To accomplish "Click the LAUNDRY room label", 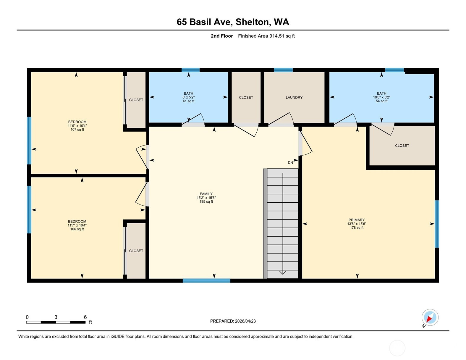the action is pyautogui.click(x=294, y=97).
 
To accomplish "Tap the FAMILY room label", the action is pyautogui.click(x=206, y=194).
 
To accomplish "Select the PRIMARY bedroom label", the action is pyautogui.click(x=357, y=220).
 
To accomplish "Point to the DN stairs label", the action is pyautogui.click(x=290, y=163).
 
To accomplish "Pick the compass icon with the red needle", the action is pyautogui.click(x=430, y=317).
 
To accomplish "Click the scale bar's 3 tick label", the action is pyautogui.click(x=56, y=317).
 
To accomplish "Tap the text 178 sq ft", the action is pyautogui.click(x=357, y=227).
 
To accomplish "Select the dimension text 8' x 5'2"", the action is pyautogui.click(x=189, y=97).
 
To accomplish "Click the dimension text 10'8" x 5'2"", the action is pyautogui.click(x=381, y=97).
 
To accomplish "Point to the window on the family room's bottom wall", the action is pyautogui.click(x=206, y=281).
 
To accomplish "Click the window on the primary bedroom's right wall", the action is pyautogui.click(x=437, y=224).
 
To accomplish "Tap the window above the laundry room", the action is pyautogui.click(x=283, y=70).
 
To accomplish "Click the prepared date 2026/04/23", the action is pyautogui.click(x=245, y=321).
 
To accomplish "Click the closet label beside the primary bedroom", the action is pyautogui.click(x=402, y=146).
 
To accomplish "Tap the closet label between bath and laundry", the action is pyautogui.click(x=246, y=97).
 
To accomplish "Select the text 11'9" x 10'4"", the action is pyautogui.click(x=77, y=126).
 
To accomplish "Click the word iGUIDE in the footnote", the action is pyautogui.click(x=117, y=337).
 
